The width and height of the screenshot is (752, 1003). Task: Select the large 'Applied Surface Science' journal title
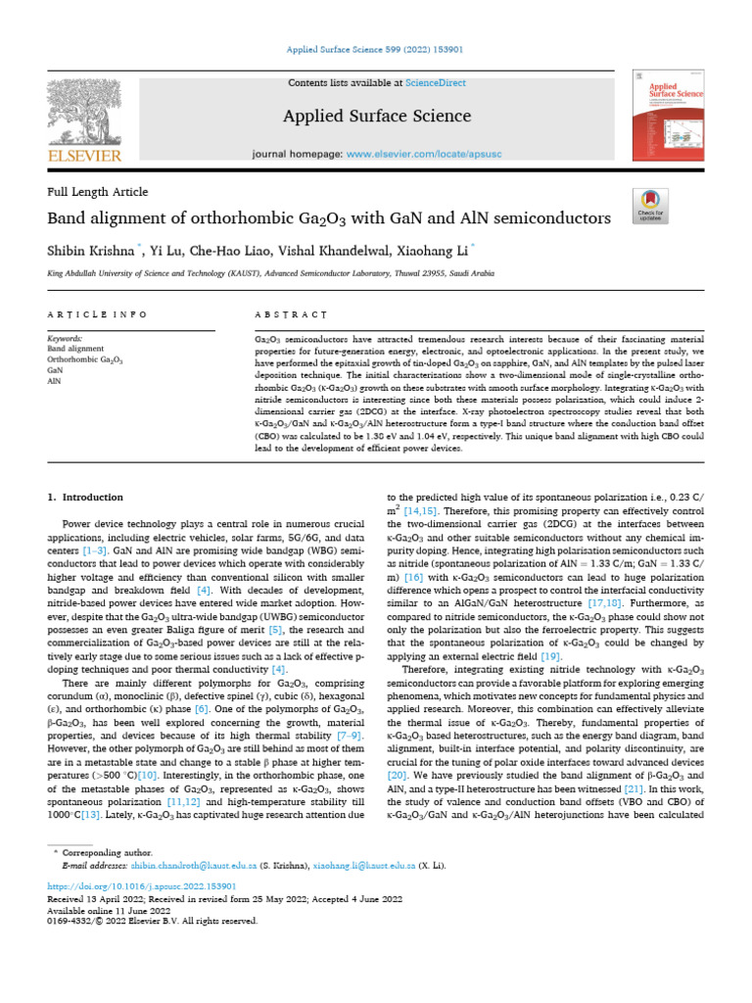coord(377,117)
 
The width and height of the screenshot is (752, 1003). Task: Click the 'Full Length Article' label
coord(97,192)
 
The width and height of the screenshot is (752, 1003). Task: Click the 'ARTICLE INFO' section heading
coord(97,314)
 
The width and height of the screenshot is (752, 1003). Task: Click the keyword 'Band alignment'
coord(75,349)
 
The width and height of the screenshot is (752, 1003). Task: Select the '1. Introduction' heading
coord(85,498)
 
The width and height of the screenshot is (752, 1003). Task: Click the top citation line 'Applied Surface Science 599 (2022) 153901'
coord(375,49)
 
